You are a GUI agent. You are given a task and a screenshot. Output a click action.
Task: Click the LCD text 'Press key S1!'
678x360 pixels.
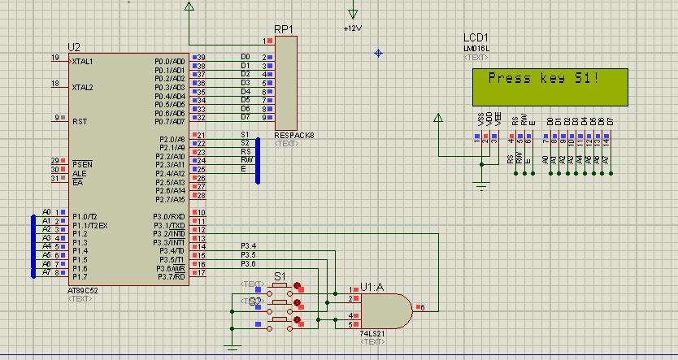click(542, 79)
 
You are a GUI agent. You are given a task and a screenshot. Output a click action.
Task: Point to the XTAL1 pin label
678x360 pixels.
click(82, 62)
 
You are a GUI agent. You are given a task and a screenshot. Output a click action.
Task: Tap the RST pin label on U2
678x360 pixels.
click(79, 121)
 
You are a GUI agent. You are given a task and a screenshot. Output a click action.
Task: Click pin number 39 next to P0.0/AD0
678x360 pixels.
click(201, 58)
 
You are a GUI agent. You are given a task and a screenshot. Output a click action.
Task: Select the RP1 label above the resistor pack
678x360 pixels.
click(284, 28)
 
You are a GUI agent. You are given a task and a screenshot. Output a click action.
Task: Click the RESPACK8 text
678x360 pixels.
click(293, 135)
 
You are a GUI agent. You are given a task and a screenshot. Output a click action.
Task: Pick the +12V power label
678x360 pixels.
click(352, 28)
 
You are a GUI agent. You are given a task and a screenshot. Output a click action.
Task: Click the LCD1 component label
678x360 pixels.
click(476, 38)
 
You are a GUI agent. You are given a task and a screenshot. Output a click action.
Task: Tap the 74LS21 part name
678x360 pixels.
click(373, 333)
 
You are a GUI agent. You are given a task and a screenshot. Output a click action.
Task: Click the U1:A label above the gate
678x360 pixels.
click(372, 287)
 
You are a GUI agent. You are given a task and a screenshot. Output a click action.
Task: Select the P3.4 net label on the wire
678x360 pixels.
click(248, 245)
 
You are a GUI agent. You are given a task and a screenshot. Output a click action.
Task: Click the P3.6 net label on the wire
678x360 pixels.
click(248, 263)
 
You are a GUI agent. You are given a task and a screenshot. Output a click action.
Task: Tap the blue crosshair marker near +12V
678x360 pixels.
click(378, 53)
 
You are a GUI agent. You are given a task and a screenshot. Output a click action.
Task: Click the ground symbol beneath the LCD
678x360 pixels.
click(481, 187)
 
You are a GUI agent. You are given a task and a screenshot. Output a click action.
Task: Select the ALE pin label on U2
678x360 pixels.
click(77, 173)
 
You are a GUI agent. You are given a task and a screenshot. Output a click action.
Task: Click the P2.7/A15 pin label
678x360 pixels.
click(170, 199)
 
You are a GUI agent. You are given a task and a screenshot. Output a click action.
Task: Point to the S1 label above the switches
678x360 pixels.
click(280, 276)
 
